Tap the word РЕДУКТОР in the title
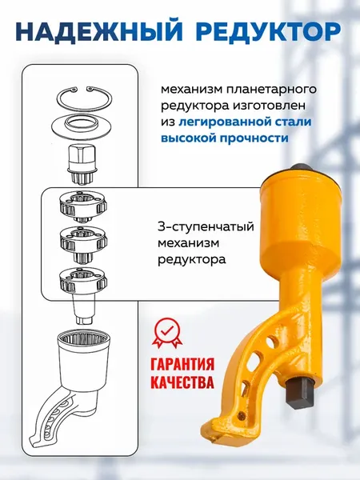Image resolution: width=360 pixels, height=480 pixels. pos(267,33)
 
